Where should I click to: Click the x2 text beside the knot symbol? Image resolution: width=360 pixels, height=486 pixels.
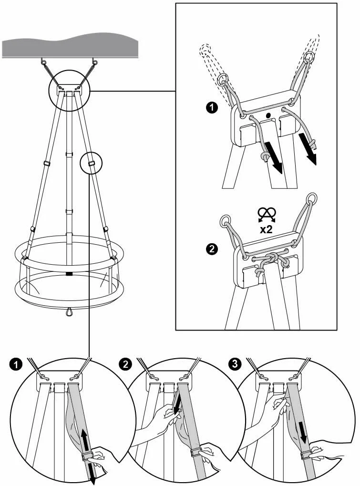point(266,230)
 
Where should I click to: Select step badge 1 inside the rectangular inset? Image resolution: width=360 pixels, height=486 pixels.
point(212,108)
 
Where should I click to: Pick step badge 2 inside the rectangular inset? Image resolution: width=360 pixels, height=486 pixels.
point(212,249)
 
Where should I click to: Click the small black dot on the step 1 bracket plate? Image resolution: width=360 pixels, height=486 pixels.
point(268,115)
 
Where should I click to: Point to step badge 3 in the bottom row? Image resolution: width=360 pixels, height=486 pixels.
point(235,364)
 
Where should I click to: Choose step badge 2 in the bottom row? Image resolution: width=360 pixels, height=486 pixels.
point(125,364)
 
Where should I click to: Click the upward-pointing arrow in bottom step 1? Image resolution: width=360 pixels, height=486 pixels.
point(84,440)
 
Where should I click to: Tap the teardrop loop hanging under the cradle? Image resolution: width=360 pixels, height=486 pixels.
point(69,311)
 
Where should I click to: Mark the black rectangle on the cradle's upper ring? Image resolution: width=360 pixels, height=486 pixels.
point(69,274)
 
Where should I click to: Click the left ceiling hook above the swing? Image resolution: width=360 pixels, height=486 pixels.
point(43,62)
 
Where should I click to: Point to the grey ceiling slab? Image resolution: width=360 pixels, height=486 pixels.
point(70,46)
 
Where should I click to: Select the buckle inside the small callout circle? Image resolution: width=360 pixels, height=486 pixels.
point(91,163)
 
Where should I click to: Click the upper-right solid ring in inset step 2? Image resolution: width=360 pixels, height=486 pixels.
point(312,198)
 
